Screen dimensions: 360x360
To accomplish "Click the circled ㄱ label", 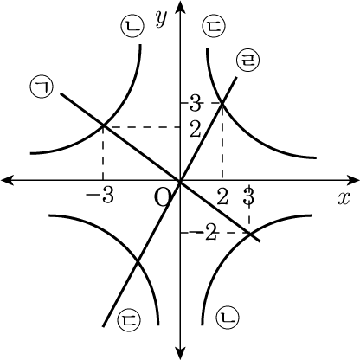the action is [42, 87].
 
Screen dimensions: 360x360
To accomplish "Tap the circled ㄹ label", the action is [247, 61].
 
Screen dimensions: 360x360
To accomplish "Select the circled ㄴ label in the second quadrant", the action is [132, 26].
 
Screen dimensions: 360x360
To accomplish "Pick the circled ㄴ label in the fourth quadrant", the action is [228, 318].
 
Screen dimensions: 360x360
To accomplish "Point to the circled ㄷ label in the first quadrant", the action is [214, 26].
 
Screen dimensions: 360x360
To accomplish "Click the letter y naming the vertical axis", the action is [162, 18].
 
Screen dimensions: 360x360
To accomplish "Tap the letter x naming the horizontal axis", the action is [344, 198].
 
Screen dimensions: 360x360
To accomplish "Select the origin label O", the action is [163, 197].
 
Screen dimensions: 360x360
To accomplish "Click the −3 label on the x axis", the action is [100, 196].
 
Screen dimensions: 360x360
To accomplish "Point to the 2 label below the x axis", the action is [222, 197].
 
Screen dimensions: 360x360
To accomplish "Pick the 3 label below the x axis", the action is [248, 196].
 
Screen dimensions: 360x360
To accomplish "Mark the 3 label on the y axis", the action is [196, 104].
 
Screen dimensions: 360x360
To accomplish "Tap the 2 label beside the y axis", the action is [196, 130].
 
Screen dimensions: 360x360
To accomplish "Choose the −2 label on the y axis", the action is [205, 233].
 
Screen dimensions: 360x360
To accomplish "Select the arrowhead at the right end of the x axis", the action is [353, 180].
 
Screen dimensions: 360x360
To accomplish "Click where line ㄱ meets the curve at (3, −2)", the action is [249, 233].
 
